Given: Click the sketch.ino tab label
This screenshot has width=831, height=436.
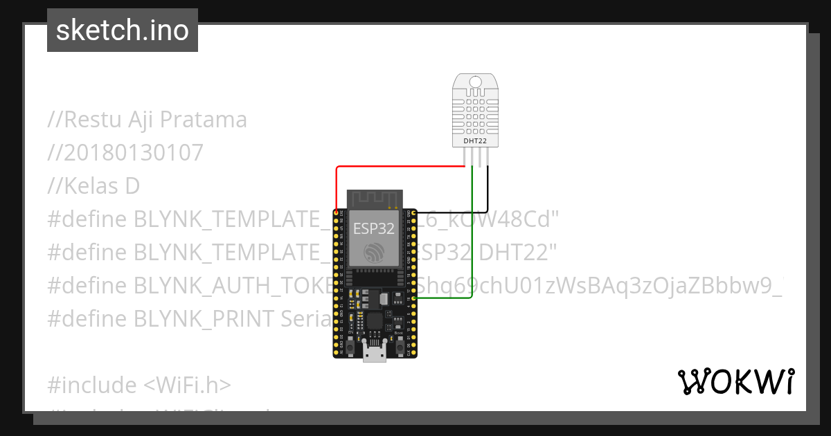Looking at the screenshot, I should (x=123, y=30).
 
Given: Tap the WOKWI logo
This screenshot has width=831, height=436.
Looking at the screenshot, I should (x=736, y=381).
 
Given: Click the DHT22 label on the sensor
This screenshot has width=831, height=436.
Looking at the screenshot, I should (x=475, y=141).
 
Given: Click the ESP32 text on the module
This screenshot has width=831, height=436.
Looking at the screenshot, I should (x=374, y=228).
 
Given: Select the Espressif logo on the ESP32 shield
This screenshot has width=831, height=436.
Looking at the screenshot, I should (x=375, y=253).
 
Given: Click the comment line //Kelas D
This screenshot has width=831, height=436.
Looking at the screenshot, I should (x=93, y=185).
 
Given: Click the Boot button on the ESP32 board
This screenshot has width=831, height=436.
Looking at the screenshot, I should (x=399, y=343).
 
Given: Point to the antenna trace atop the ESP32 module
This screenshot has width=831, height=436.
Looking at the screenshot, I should (x=375, y=198).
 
